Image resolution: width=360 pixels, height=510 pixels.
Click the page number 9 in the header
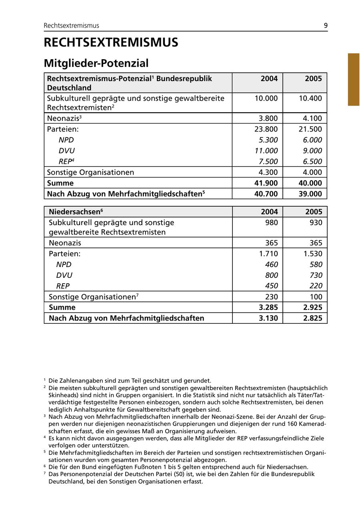(x=326, y=26)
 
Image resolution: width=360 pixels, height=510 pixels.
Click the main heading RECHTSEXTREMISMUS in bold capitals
(x=111, y=43)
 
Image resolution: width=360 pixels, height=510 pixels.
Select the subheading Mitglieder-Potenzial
(x=96, y=63)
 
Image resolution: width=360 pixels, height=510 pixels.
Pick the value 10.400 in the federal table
(x=310, y=98)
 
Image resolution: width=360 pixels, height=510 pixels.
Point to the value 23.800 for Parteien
(x=266, y=129)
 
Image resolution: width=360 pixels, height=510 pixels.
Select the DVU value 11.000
(x=266, y=151)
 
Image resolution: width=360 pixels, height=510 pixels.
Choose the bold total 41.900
(x=266, y=183)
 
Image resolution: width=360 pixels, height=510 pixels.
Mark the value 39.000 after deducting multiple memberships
(x=310, y=194)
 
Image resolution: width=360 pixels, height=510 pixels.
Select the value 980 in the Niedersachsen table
(x=271, y=223)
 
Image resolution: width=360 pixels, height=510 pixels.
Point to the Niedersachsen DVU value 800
(x=271, y=275)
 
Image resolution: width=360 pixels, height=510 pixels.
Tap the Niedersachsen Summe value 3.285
(x=268, y=308)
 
